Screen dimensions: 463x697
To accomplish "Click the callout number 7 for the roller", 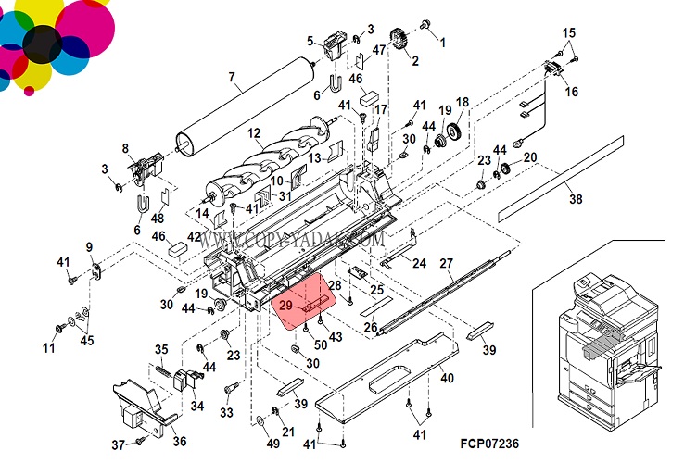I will point(233,77).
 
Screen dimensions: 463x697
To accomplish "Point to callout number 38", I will point(576,197).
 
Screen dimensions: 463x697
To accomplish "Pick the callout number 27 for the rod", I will point(446,263).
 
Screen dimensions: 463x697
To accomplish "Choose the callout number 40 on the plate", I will point(447,377).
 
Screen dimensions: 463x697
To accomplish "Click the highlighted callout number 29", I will point(285,304).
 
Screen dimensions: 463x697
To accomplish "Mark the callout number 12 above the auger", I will point(254,134).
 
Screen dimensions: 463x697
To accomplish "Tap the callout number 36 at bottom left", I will point(179,441).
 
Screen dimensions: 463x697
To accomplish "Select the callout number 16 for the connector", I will point(571,92).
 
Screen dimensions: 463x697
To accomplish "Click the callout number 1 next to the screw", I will point(442,43).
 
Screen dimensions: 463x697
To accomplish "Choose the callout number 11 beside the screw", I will point(49,348).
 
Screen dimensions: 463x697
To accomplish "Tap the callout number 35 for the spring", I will point(161,349).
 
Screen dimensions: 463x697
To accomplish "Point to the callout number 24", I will point(419,263).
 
